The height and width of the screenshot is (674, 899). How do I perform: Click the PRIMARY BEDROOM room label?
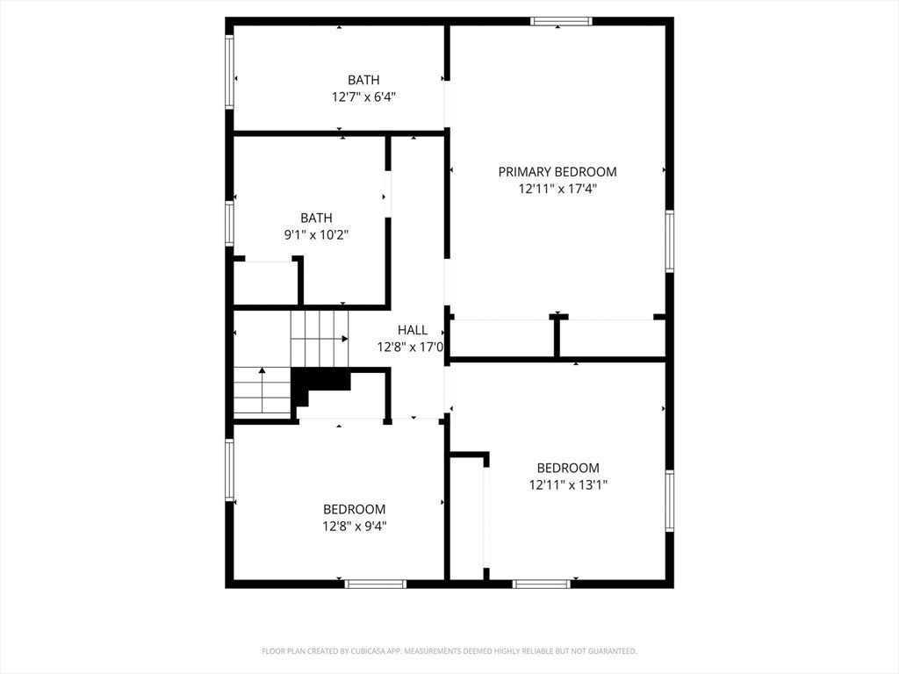[x=557, y=172]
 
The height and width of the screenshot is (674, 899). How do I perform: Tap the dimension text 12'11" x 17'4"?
[x=557, y=189]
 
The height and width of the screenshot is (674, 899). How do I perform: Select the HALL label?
[x=413, y=330]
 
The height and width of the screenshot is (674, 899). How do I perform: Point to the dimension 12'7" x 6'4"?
[x=363, y=97]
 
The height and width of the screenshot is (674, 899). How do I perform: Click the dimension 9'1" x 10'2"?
[x=316, y=234]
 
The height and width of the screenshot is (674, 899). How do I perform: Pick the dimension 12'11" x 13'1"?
[x=568, y=484]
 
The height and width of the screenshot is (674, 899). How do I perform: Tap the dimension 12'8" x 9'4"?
[x=355, y=527]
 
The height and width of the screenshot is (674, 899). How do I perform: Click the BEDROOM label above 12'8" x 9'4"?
[x=355, y=510]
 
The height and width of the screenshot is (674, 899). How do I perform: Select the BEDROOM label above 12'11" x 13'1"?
[x=568, y=468]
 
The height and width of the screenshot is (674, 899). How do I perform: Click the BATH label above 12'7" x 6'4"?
[x=363, y=80]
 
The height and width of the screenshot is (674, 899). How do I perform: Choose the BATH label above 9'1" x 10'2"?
[x=316, y=218]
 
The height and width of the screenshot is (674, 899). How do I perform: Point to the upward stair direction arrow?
[x=262, y=390]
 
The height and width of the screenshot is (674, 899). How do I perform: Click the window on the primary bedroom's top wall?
[x=561, y=21]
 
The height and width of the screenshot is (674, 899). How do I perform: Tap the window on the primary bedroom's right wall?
[x=669, y=241]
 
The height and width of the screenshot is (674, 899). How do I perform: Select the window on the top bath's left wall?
[x=229, y=72]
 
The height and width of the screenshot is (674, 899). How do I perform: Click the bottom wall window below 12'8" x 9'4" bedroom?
[x=376, y=584]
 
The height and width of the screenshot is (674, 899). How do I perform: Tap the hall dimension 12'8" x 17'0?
[x=411, y=347]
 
